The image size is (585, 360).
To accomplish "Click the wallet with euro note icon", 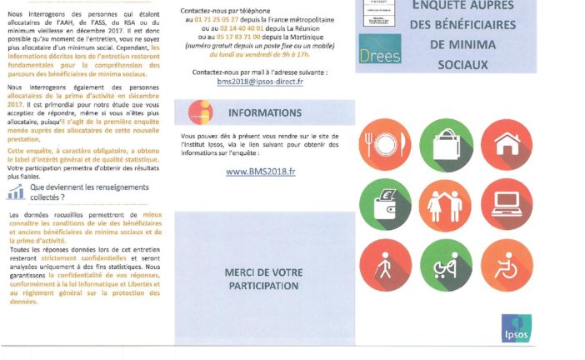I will tap(385, 205).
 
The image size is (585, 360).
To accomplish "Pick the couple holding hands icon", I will tap(446, 205).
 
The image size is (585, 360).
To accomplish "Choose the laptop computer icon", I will tap(507, 205).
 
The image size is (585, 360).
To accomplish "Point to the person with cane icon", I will tap(385, 265).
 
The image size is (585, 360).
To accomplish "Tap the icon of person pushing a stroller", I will tap(446, 265).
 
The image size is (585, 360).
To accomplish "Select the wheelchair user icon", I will tap(507, 265).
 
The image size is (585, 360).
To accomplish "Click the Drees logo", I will tap(380, 49).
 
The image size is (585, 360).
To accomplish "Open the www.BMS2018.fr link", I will tap(261, 172).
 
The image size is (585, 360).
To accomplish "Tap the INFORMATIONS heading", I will tap(264, 112).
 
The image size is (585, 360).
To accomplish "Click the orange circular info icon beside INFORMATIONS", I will tap(200, 112).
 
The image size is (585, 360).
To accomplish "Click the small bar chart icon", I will tap(15, 192).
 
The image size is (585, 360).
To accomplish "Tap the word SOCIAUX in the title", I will tap(462, 62).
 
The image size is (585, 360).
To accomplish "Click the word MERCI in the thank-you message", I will tap(239, 272).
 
